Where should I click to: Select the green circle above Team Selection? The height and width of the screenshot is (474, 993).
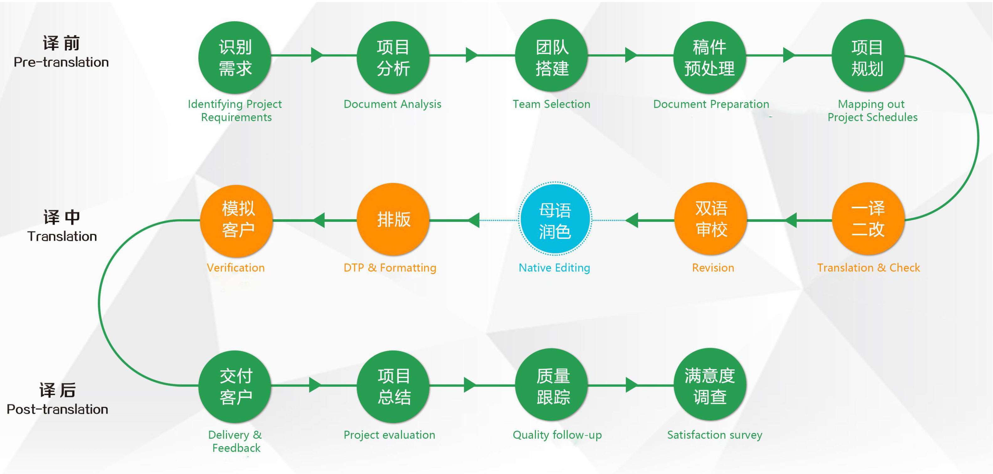pos(551,55)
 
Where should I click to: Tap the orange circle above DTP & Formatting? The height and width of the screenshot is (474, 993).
pos(393,220)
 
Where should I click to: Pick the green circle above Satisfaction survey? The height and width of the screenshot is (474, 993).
pos(710,385)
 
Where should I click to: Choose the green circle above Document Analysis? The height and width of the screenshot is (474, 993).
pos(393,58)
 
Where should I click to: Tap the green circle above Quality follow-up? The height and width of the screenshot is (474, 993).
pos(552,385)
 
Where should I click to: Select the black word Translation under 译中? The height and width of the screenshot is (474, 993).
pos(62,236)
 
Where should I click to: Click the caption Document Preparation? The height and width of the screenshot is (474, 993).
pos(711,104)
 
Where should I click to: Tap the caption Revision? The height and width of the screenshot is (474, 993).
pos(713,268)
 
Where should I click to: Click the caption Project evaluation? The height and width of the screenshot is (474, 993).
pos(389,435)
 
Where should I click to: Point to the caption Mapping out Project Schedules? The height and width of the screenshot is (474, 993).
pos(872,111)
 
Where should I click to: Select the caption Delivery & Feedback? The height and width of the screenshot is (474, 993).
pos(235,441)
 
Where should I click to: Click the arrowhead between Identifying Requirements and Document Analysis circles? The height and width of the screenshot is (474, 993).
pos(316,55)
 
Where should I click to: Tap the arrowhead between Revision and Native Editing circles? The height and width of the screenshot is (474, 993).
pos(631,221)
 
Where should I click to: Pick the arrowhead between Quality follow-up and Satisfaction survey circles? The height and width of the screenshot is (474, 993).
pos(632,385)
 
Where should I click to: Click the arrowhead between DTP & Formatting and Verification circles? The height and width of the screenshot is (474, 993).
pos(319,221)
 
